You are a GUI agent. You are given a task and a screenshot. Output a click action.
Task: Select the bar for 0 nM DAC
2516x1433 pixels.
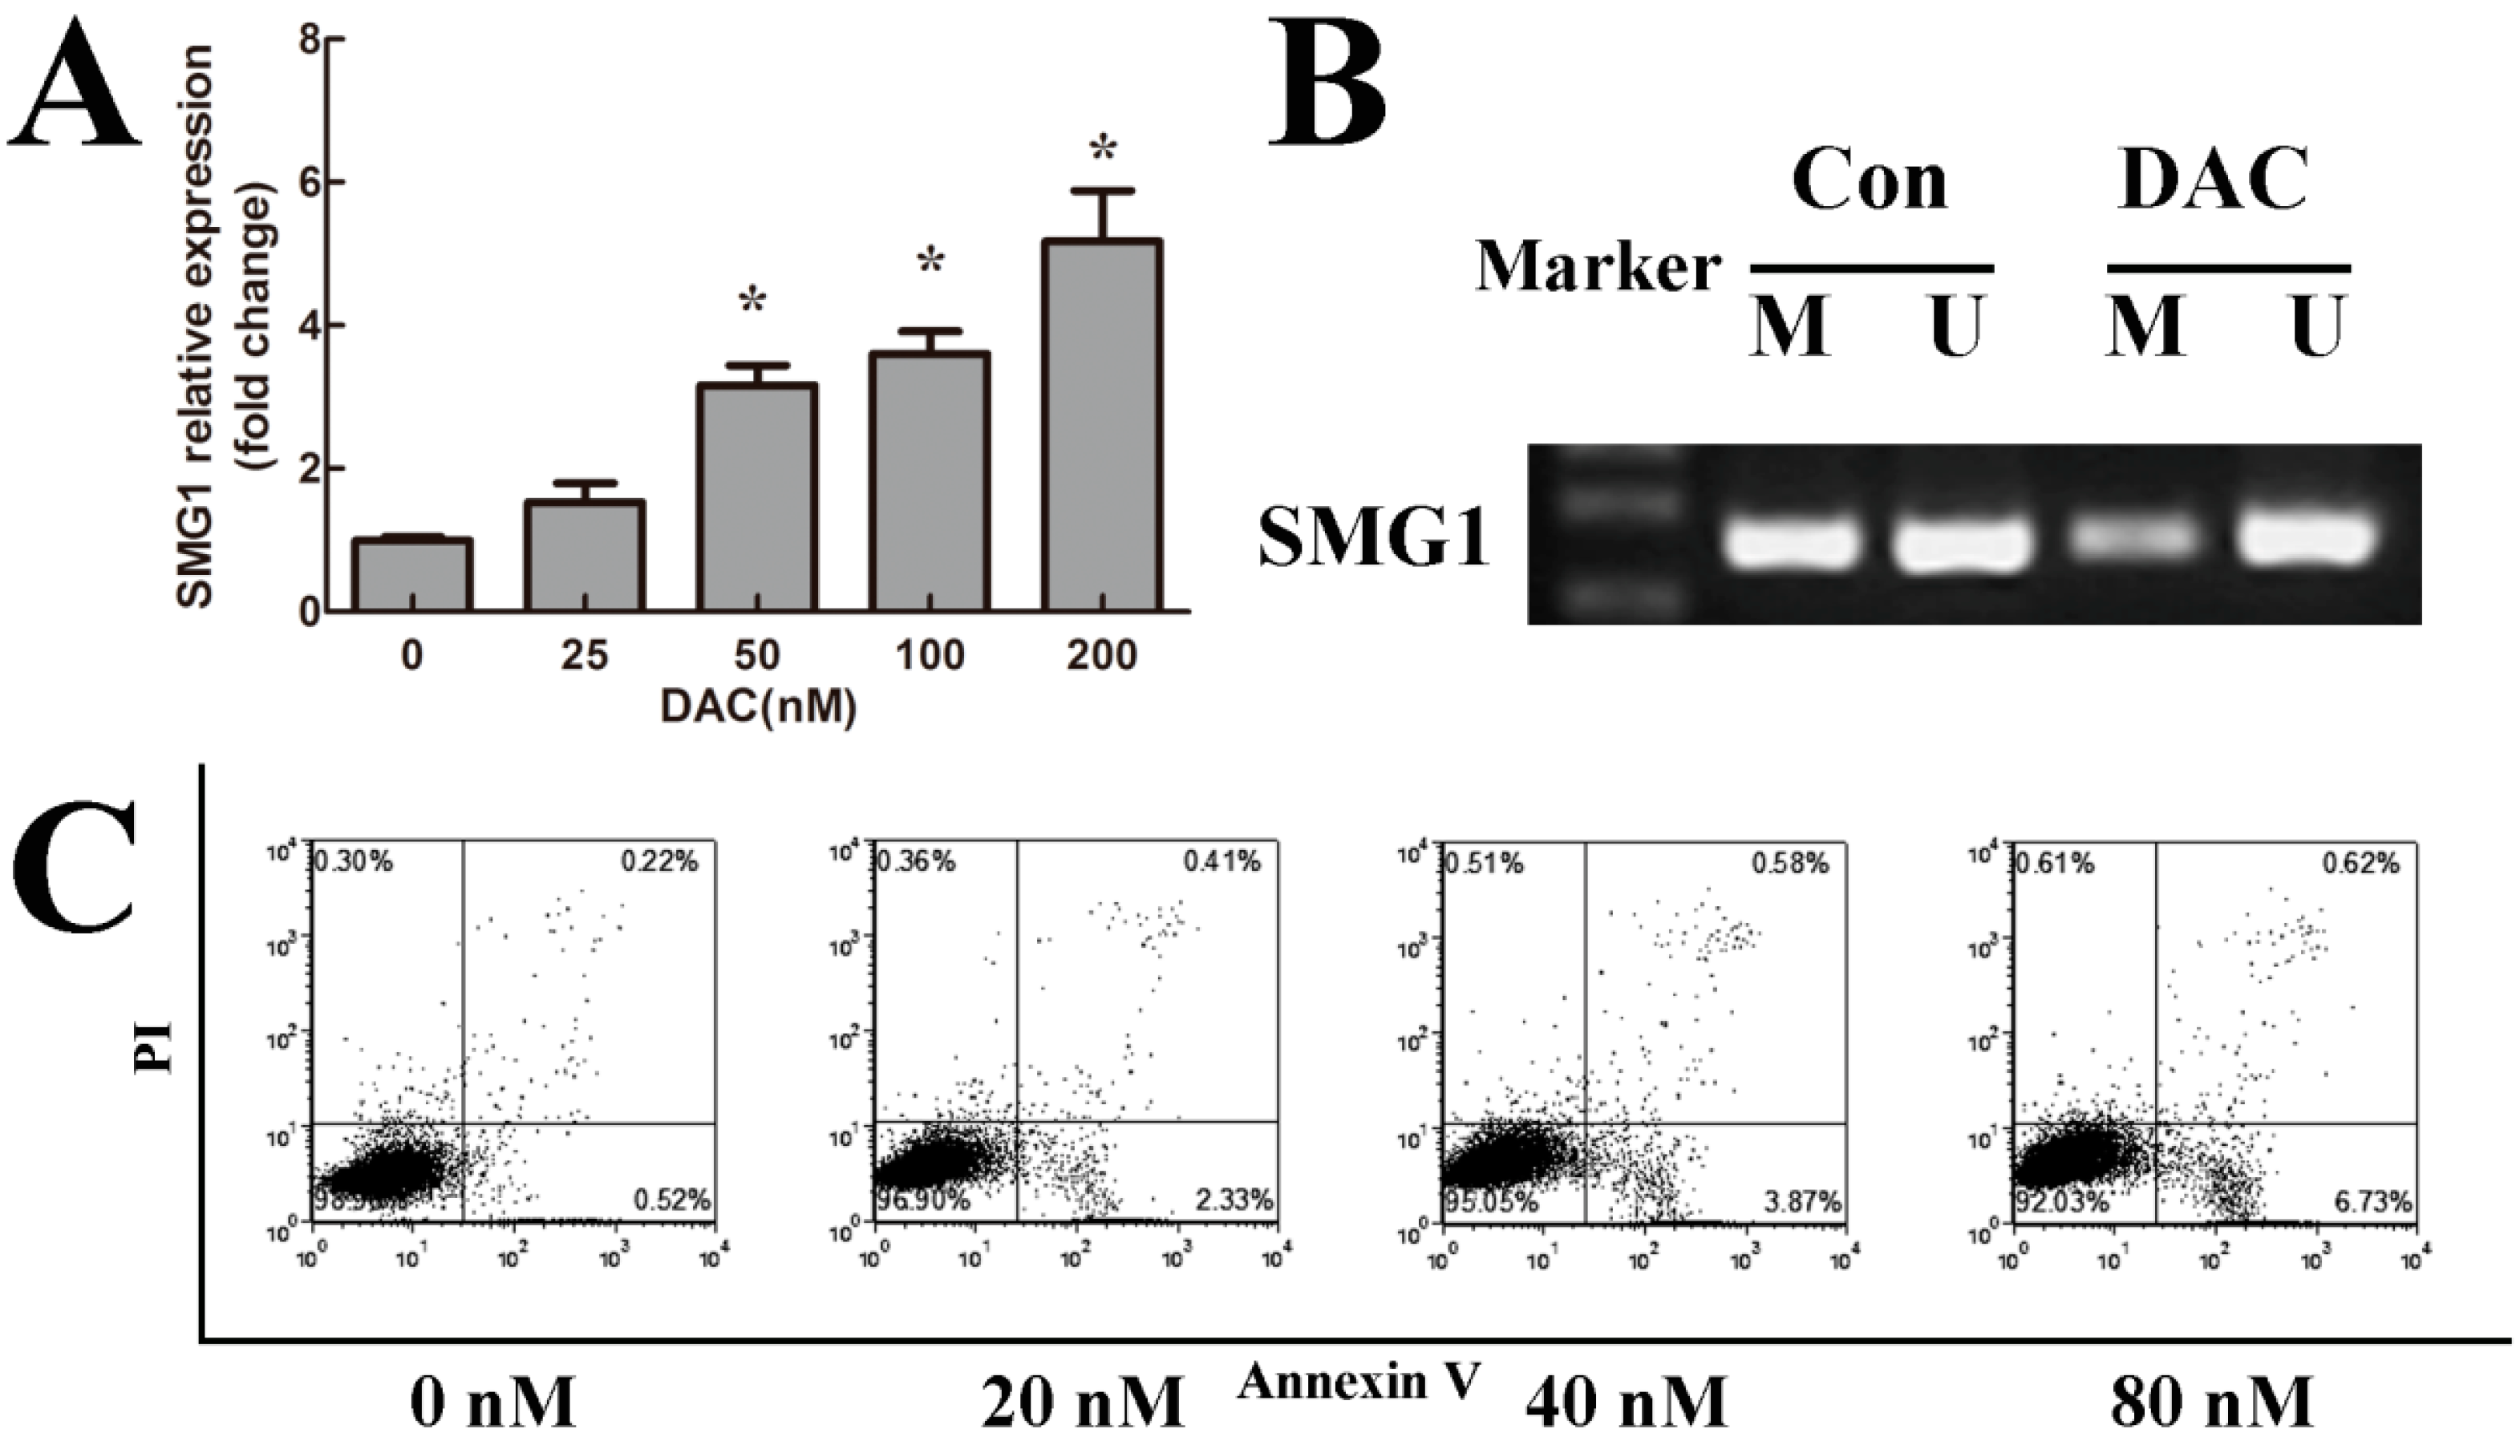[411, 575]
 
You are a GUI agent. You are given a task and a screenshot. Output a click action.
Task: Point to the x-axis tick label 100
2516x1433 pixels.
[930, 655]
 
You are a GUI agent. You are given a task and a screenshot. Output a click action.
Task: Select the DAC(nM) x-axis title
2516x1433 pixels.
[758, 706]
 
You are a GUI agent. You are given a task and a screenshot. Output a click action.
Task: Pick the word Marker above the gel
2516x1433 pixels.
[1598, 267]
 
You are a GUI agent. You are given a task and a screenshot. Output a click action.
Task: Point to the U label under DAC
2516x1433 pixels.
[2318, 328]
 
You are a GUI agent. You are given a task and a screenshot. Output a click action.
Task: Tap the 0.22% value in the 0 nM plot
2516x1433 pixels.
[658, 862]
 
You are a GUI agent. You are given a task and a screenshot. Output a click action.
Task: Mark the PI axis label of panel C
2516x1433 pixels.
[155, 1049]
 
